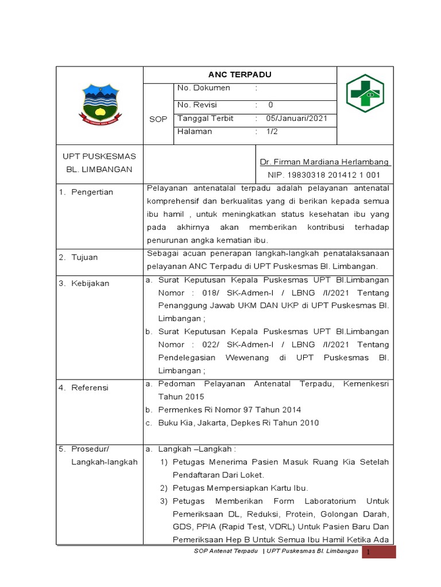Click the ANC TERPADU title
click(239, 75)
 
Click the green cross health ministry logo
click(365, 93)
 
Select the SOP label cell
click(157, 119)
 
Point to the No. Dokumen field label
click(203, 88)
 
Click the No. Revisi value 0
click(270, 105)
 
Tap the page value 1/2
click(271, 131)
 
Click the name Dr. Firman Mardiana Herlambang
click(325, 162)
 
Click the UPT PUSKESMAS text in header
click(99, 156)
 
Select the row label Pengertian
click(92, 192)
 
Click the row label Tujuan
click(84, 257)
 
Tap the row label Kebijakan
click(90, 283)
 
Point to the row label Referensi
click(90, 388)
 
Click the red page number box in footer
click(378, 551)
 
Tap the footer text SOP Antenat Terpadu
click(226, 551)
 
